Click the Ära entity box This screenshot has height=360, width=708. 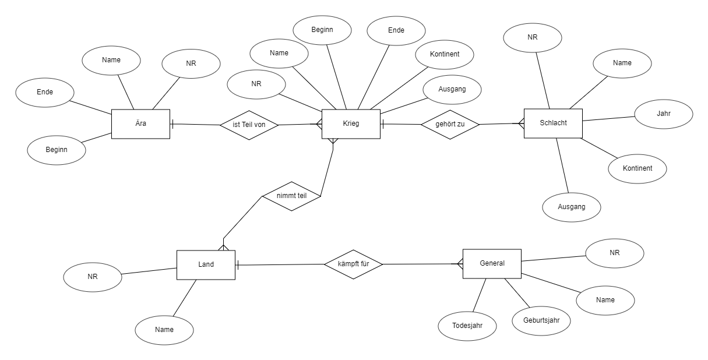pos(140,124)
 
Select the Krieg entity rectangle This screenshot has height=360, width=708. pos(351,124)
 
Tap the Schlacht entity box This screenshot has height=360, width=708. pos(553,123)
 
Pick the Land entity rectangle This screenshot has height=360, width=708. pos(206,265)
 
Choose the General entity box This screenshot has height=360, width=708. pos(492,264)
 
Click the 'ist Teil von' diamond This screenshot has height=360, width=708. pos(249,125)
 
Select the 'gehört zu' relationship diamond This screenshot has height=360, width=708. pos(450,125)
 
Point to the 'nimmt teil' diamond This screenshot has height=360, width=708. pos(291,196)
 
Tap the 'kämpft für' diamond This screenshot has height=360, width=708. pos(353,264)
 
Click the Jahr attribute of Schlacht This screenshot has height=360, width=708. pos(664,114)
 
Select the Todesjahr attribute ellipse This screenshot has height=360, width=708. pos(467,326)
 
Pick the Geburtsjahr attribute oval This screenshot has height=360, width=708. pos(541,321)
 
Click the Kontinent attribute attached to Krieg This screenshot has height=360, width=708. pos(445,55)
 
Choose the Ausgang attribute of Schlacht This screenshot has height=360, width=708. pos(572,207)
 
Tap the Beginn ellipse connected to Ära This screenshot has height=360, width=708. pos(57,150)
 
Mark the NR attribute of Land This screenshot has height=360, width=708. pos(92,277)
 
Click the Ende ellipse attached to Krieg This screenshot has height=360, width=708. pos(396,31)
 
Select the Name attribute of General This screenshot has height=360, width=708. pos(605,301)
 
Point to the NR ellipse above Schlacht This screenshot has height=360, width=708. pos(532,38)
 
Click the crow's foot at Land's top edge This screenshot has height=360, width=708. pos(223,247)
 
